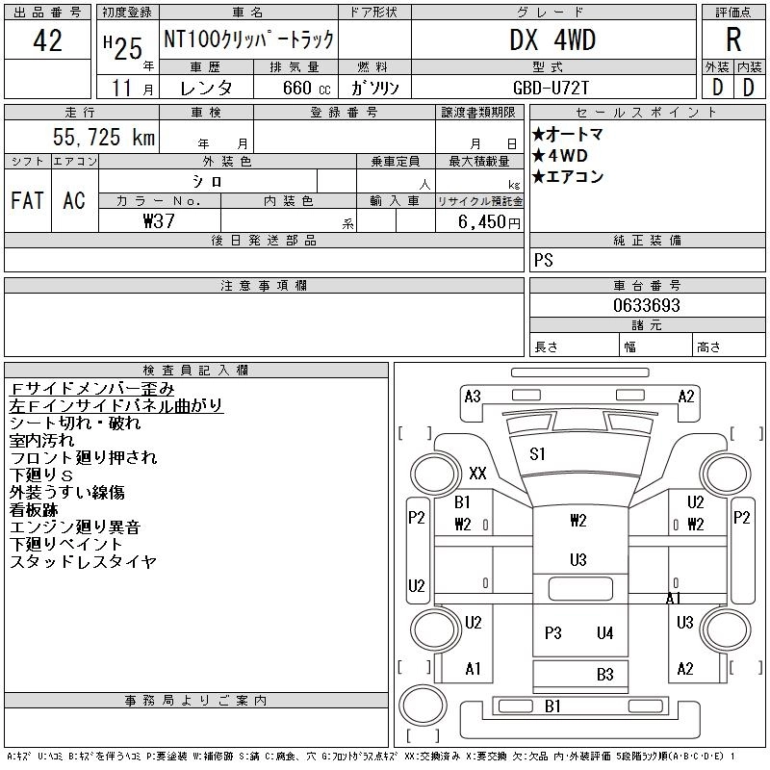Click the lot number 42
pos(47,41)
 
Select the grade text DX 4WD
pos(552,39)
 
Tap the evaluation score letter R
pos(733,39)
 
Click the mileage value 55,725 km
pos(104,138)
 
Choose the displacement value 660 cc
pos(293,88)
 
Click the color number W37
pos(160,220)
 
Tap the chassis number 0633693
pos(647,305)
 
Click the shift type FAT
pos(27,200)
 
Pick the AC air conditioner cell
pos(74,200)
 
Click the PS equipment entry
pos(544,261)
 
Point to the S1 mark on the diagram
pos(538,453)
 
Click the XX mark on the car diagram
pos(477,473)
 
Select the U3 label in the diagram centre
pos(577,559)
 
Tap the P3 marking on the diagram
pos(552,632)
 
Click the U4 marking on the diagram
pos(604,632)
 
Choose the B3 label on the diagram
pos(604,675)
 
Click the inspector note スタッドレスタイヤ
pos(83,561)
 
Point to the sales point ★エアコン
pos(568,176)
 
